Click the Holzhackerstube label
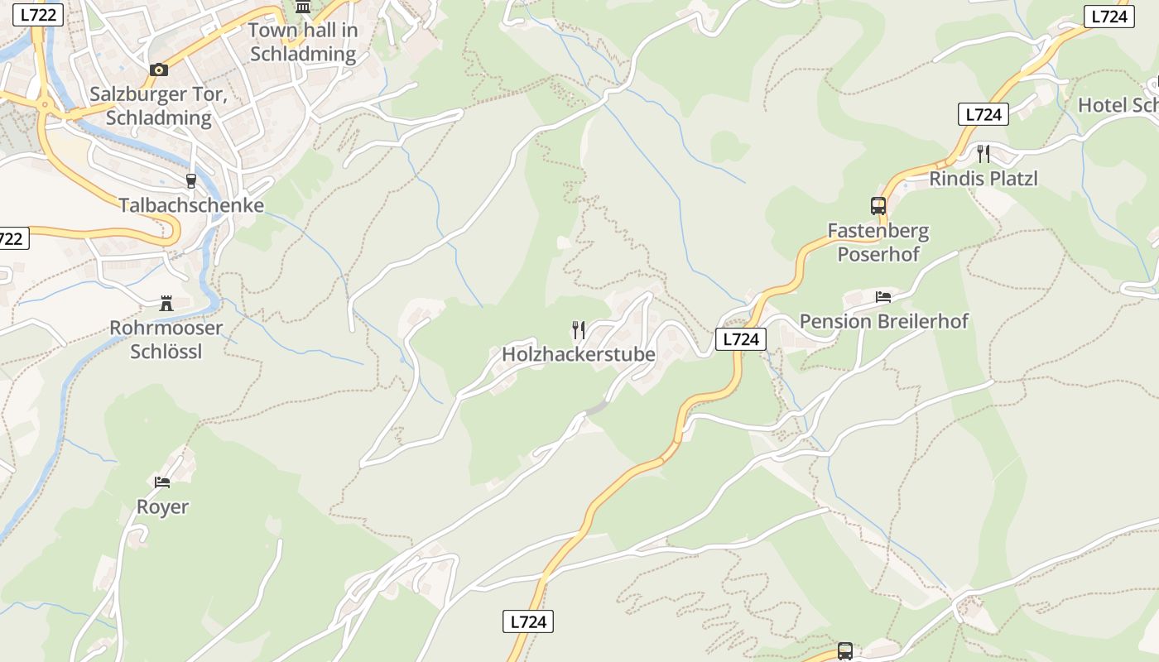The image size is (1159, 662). coord(578,354)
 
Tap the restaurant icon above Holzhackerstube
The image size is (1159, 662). coord(579,330)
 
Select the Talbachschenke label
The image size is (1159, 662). coord(191,205)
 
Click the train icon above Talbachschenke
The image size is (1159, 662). coord(191,181)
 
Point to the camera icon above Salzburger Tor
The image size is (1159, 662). coord(158,70)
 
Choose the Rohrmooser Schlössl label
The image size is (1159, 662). coord(166,339)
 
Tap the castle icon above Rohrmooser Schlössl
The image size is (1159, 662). coord(166,303)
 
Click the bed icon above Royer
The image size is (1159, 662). coord(162,482)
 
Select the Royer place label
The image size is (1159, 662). coord(162,506)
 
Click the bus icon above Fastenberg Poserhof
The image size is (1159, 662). coord(878,206)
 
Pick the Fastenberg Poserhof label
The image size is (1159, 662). coord(878,242)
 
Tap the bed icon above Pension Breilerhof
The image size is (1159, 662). coord(883,296)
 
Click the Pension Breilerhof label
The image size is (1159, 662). coord(883,321)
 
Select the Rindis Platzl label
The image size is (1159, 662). coord(983,178)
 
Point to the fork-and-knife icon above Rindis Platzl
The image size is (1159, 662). coord(983,153)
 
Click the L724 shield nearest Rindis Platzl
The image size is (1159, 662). coord(983,114)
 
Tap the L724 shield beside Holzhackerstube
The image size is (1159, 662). coord(740,338)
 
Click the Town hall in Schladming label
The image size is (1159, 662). coord(303,42)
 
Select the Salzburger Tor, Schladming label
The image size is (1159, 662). coord(158,106)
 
